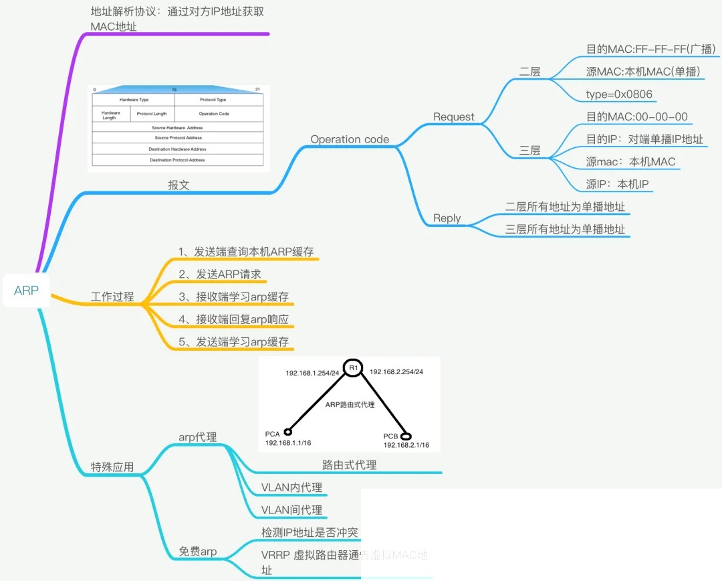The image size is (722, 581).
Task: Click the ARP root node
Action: coord(26,290)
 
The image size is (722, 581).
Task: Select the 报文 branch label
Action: coord(178,185)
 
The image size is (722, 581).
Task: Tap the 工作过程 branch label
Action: coord(112,297)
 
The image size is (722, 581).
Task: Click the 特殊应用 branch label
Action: coord(112,467)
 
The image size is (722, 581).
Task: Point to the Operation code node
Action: coord(350,139)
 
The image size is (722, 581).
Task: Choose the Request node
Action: coord(453,117)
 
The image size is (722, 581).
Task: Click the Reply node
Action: coord(447,218)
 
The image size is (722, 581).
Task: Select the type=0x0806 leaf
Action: coord(619,94)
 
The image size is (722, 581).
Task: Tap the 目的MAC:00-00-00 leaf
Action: coord(636,117)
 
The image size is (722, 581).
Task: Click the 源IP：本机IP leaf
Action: coord(618,185)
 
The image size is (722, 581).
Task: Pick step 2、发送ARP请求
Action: coord(219,274)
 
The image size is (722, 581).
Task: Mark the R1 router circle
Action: coord(354,367)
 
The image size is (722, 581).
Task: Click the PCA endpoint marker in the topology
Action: coord(287,432)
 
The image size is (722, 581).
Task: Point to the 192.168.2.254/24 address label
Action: coord(396,371)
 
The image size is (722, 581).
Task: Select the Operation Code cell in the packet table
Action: coord(214,114)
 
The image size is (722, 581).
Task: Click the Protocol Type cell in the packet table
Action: coord(213,100)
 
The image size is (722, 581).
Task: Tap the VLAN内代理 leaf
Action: coord(291,487)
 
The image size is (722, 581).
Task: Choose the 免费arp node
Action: coord(198,552)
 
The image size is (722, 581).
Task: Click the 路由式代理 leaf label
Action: coord(349,465)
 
